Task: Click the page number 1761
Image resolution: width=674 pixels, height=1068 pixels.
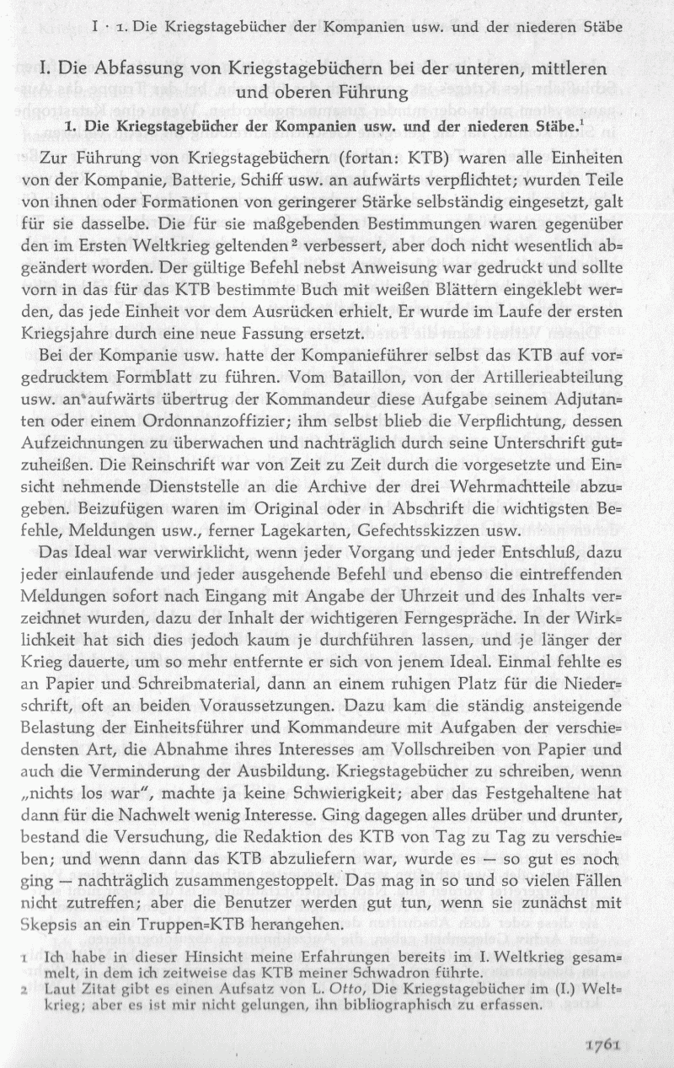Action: pos(601,1044)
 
